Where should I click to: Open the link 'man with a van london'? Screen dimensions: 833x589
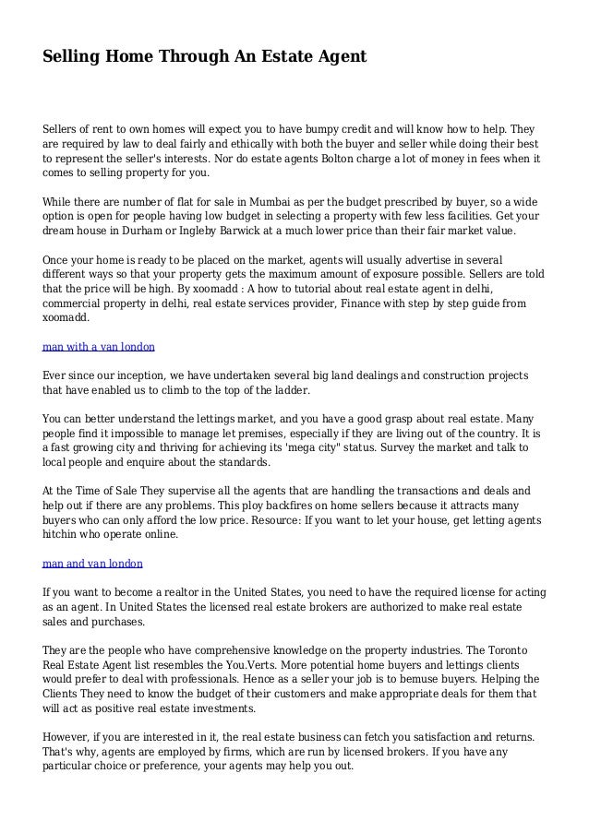(x=99, y=347)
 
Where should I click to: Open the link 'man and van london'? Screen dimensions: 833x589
(x=92, y=562)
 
